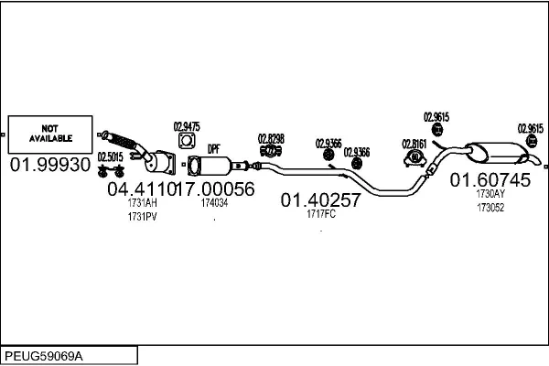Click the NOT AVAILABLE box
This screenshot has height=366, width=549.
click(50, 134)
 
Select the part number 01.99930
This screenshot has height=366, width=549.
click(50, 165)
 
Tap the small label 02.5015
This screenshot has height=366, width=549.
click(111, 156)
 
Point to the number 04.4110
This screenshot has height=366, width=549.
click(140, 189)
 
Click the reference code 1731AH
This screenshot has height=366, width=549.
click(143, 203)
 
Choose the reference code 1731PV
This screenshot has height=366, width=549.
click(143, 217)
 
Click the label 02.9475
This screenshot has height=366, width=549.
click(187, 126)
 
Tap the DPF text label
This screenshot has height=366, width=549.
click(214, 148)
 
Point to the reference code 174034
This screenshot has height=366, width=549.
click(214, 203)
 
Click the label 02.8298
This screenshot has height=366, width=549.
click(271, 137)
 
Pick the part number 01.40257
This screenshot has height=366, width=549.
click(320, 199)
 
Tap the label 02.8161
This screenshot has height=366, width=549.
click(415, 143)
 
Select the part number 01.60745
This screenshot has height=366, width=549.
click(490, 180)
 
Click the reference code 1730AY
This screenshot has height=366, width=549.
click(490, 194)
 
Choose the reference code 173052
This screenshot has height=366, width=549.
click(490, 207)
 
